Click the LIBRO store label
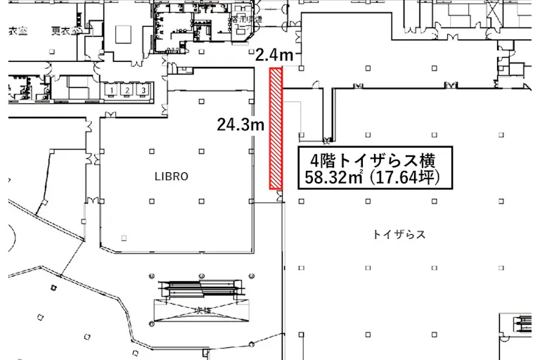172,176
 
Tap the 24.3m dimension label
240,126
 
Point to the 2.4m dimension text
272,54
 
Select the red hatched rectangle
276,128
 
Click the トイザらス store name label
400,234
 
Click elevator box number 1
112,91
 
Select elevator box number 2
127,91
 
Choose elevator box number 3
143,91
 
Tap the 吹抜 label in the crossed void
202,310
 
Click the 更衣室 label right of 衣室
62,32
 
